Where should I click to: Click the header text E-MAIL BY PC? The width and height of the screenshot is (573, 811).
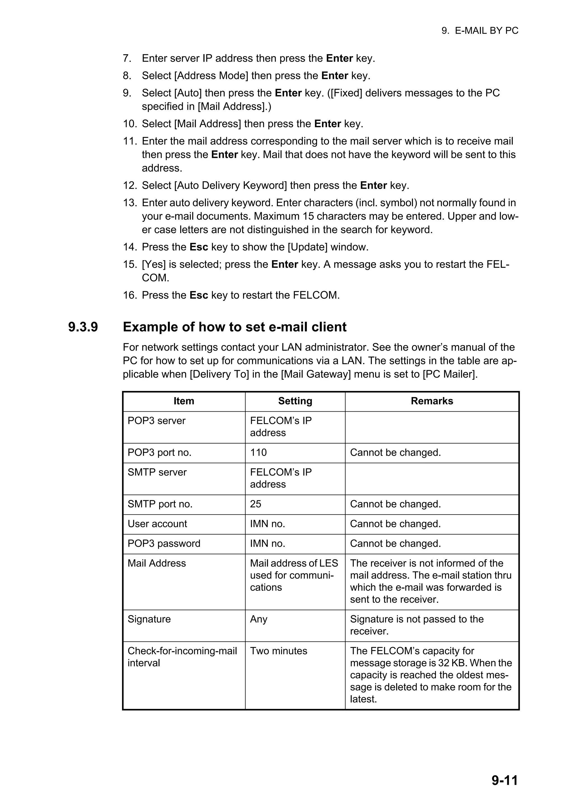486,31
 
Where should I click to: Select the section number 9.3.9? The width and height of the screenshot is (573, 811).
83,327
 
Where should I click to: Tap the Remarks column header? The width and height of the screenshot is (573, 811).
431,401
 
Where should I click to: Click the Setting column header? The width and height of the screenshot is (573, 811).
295,401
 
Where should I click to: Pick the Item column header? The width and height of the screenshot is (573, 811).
184,401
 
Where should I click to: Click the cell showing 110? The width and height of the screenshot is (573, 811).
259,453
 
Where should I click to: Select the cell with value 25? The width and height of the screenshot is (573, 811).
256,504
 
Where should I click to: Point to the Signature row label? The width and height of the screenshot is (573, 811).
149,619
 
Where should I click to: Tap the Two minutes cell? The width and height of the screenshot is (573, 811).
279,651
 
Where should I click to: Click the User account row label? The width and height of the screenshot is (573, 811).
157,524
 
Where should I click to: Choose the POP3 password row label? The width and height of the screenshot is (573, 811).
164,544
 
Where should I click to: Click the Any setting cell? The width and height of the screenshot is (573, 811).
259,619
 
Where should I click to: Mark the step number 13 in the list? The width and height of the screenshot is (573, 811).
129,203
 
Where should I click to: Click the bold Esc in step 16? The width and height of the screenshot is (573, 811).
199,295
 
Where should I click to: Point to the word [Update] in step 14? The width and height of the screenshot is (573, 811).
307,247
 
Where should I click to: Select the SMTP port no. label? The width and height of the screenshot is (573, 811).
160,504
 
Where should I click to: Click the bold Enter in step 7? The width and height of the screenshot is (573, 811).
339,58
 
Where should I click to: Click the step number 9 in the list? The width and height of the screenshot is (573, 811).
127,93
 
